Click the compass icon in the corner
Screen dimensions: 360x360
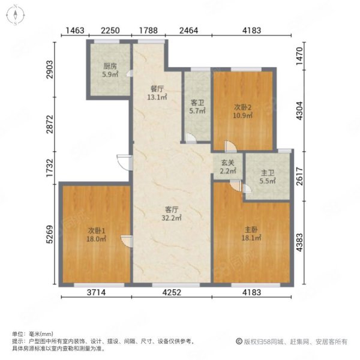16,15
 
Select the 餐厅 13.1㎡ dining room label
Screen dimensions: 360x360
157,93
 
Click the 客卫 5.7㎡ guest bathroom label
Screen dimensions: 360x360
197,107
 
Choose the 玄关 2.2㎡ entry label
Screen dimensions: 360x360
228,167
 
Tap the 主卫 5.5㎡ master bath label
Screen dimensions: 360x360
268,177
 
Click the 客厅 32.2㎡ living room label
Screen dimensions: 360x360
172,214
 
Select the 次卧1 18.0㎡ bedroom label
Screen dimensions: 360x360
96,235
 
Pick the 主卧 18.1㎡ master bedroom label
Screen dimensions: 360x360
251,234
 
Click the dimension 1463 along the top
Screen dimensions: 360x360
75,31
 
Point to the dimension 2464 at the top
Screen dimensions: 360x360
188,31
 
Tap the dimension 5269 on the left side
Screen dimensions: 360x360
50,235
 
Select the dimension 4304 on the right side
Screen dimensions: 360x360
299,110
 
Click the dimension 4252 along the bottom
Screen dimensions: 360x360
172,292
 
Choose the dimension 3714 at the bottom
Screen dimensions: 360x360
97,292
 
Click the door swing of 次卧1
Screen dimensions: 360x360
127,241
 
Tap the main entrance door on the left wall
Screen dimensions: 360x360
124,163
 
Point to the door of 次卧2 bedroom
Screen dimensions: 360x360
230,146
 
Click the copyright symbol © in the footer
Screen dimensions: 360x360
239,341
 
